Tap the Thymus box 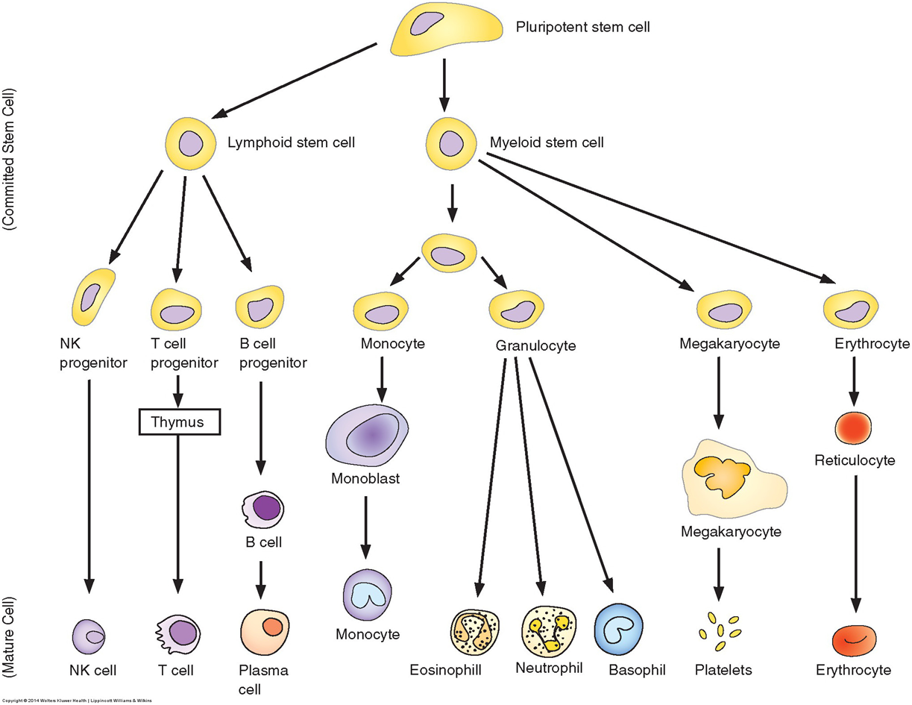click(x=180, y=422)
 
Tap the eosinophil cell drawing click(x=475, y=633)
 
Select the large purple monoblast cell click(x=367, y=432)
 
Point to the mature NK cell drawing click(x=92, y=635)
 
